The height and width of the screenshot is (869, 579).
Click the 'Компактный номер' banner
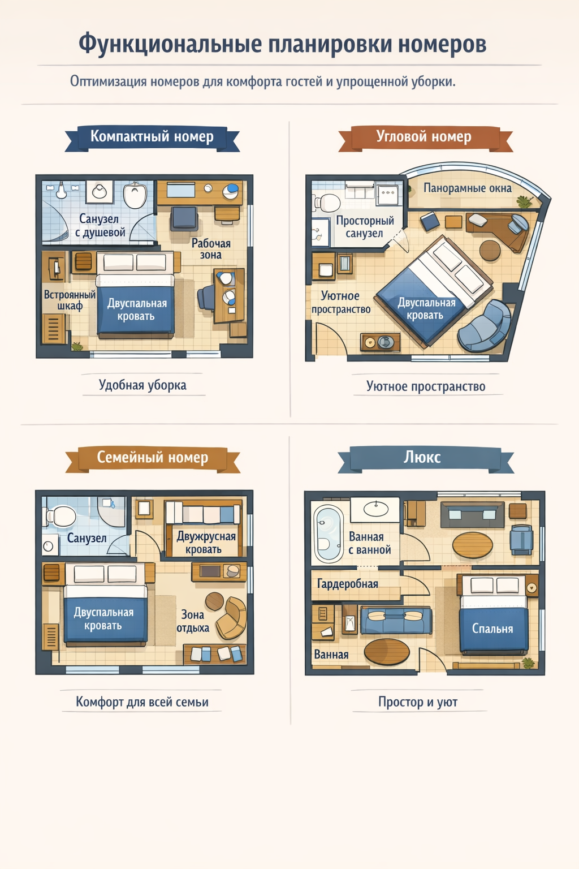click(152, 137)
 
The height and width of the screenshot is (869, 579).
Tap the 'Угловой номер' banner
click(425, 137)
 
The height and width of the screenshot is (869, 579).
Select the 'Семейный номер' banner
click(153, 459)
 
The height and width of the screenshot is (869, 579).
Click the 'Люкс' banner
click(425, 459)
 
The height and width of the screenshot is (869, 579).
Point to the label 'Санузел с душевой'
click(101, 225)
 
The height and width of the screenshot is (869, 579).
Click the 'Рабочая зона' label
click(211, 249)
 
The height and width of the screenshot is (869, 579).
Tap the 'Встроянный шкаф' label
click(70, 300)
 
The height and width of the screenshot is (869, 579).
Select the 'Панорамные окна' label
click(467, 188)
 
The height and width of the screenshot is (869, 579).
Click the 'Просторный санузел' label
click(365, 227)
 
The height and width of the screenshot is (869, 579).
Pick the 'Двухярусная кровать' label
click(206, 543)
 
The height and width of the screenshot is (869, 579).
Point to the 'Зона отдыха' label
click(193, 621)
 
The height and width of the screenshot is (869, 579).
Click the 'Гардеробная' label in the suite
click(348, 583)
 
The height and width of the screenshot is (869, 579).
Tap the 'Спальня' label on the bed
click(492, 629)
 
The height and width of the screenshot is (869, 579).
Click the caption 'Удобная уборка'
click(142, 385)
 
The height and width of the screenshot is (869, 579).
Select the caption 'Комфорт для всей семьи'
click(142, 702)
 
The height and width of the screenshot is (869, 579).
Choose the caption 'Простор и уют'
click(418, 702)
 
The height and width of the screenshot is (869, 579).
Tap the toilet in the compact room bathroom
click(135, 195)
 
